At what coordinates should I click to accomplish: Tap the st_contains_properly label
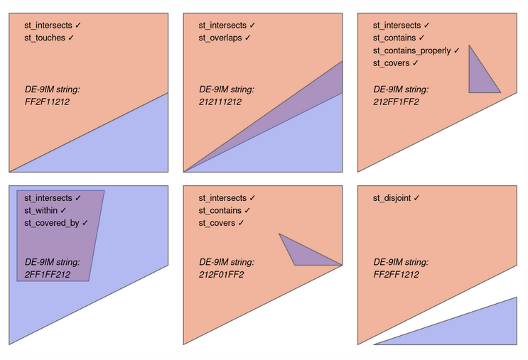[416, 50]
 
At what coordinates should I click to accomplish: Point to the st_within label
[45, 210]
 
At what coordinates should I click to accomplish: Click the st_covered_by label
[55, 223]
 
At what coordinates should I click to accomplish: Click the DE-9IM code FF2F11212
[47, 102]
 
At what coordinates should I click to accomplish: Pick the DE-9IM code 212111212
[220, 102]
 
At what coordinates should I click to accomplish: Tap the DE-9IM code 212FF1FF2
[396, 102]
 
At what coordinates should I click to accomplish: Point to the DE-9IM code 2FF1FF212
[48, 274]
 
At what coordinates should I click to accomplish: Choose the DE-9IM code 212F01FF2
[221, 274]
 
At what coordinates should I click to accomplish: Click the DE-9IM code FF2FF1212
[396, 274]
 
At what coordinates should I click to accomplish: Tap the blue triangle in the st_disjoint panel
[483, 329]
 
